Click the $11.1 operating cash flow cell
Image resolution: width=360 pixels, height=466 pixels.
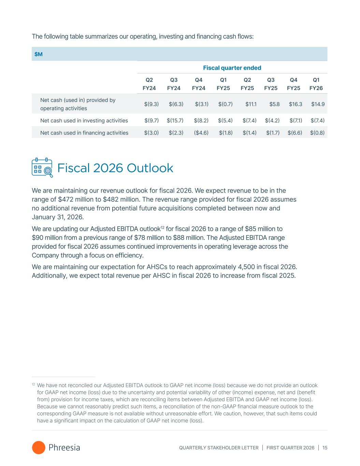[251, 104]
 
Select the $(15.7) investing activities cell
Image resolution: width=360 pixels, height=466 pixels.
[175, 121]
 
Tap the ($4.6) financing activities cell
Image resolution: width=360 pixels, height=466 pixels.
[201, 133]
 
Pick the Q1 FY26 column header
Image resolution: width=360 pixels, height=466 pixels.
[316, 84]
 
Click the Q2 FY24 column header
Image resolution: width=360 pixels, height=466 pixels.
[149, 84]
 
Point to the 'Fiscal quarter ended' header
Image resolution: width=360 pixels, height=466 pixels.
[232, 68]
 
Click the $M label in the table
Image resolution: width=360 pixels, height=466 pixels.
[39, 54]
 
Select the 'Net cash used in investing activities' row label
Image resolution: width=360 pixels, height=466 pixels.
[84, 121]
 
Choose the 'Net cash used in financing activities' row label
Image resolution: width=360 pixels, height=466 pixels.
[84, 133]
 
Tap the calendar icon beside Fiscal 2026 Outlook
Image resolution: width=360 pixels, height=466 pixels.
[42, 168]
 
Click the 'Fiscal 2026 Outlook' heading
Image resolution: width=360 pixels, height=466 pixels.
[115, 168]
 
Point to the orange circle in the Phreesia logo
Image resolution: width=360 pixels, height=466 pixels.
[39, 448]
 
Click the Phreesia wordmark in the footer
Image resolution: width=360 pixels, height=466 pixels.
[64, 448]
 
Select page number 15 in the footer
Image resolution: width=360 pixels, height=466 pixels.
[325, 448]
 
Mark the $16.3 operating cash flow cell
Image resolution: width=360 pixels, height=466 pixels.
[296, 104]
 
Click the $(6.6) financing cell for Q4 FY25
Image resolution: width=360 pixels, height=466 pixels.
[295, 133]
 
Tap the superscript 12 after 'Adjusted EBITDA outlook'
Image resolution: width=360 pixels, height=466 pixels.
[163, 227]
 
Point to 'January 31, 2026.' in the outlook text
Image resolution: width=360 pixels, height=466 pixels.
[58, 217]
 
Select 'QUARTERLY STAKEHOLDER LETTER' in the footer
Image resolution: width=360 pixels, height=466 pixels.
[219, 448]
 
